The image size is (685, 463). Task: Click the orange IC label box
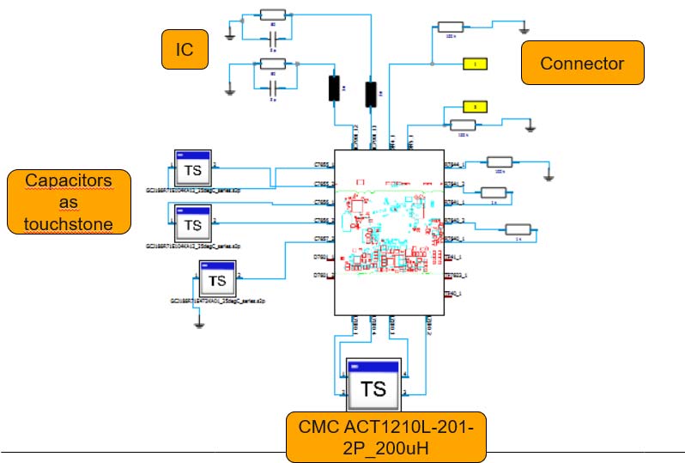click(x=185, y=51)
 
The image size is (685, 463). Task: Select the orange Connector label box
click(x=582, y=63)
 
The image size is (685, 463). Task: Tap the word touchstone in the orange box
click(x=69, y=225)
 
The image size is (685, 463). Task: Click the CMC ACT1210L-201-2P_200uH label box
click(x=385, y=436)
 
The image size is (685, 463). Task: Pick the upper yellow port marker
click(x=475, y=64)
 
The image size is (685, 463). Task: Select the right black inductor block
click(x=372, y=94)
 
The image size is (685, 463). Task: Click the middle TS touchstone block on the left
click(x=193, y=224)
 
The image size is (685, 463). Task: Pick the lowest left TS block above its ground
click(x=218, y=279)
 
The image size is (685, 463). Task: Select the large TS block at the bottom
click(x=374, y=387)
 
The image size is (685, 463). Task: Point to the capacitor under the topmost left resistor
click(x=273, y=38)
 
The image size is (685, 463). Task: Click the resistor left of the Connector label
click(x=451, y=27)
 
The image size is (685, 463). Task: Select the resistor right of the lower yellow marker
click(x=464, y=126)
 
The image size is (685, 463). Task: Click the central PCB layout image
click(x=387, y=232)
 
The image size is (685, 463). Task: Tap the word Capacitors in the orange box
click(x=69, y=181)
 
